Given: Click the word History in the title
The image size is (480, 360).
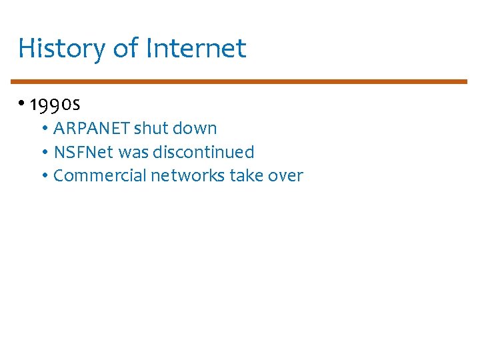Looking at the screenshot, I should pos(59,49).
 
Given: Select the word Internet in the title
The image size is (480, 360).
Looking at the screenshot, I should pos(196,49).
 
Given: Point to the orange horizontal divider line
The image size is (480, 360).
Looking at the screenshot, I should pos(240,81).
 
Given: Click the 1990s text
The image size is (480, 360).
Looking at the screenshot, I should pos(55,105).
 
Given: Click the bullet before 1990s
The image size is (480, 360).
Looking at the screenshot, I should pos(22,104).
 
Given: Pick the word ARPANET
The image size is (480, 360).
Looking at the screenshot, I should pos(91,128).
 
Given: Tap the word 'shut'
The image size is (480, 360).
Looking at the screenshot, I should pos(151,128).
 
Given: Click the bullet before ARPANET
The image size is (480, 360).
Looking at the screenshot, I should pos(44,129).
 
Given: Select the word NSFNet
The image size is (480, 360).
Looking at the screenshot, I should pos(83,152).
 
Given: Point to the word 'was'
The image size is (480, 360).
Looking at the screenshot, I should pos(133,152).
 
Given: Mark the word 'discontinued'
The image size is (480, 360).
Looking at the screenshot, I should pos(203,152).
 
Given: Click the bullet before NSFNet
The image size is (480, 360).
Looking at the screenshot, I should pos(44,153).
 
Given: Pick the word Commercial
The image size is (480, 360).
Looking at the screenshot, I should pos(100,175).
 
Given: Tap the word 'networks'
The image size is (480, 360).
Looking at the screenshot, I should pos(188,175).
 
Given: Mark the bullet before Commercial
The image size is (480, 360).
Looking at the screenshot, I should pos(44,176).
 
